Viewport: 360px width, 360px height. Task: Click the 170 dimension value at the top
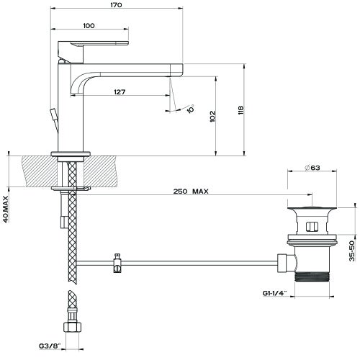point(117,5)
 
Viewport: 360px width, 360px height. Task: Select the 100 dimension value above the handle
point(89,26)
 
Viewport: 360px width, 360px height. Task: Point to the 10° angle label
point(190,109)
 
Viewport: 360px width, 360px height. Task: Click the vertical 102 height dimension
point(211,117)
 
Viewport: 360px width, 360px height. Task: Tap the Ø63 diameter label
point(312,168)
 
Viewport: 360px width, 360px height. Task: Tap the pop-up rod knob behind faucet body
point(53,114)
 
